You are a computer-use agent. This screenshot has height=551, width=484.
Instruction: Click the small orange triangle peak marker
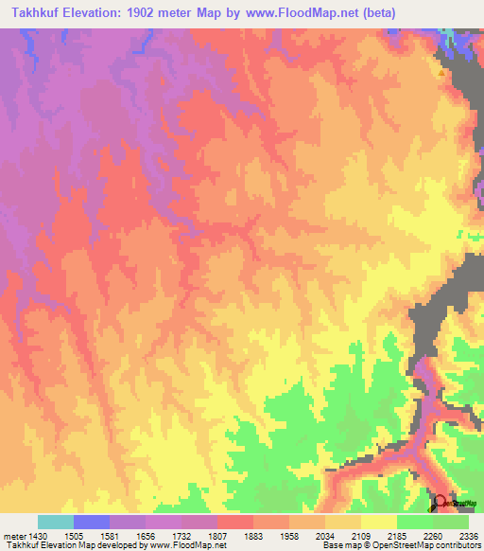[x=441, y=72]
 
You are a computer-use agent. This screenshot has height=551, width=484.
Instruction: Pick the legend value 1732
[x=182, y=535]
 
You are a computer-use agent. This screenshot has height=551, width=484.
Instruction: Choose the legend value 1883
[x=254, y=535]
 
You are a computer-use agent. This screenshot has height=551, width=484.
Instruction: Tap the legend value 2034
[x=325, y=535]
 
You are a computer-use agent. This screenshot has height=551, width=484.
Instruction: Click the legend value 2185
[x=397, y=535]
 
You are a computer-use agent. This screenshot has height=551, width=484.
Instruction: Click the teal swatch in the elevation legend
[x=56, y=522]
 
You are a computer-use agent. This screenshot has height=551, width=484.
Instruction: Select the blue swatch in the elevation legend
[x=92, y=522]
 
